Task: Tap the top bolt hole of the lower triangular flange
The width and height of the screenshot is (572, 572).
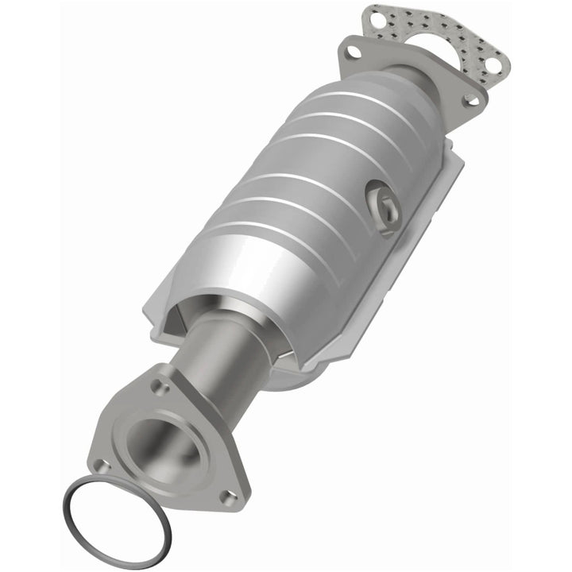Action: [161, 387]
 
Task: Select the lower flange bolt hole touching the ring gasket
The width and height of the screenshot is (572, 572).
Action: [101, 465]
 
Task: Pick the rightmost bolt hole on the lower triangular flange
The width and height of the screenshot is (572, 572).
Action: [229, 497]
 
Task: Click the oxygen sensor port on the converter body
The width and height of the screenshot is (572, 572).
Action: [382, 204]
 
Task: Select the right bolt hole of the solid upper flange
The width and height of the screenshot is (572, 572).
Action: [470, 100]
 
